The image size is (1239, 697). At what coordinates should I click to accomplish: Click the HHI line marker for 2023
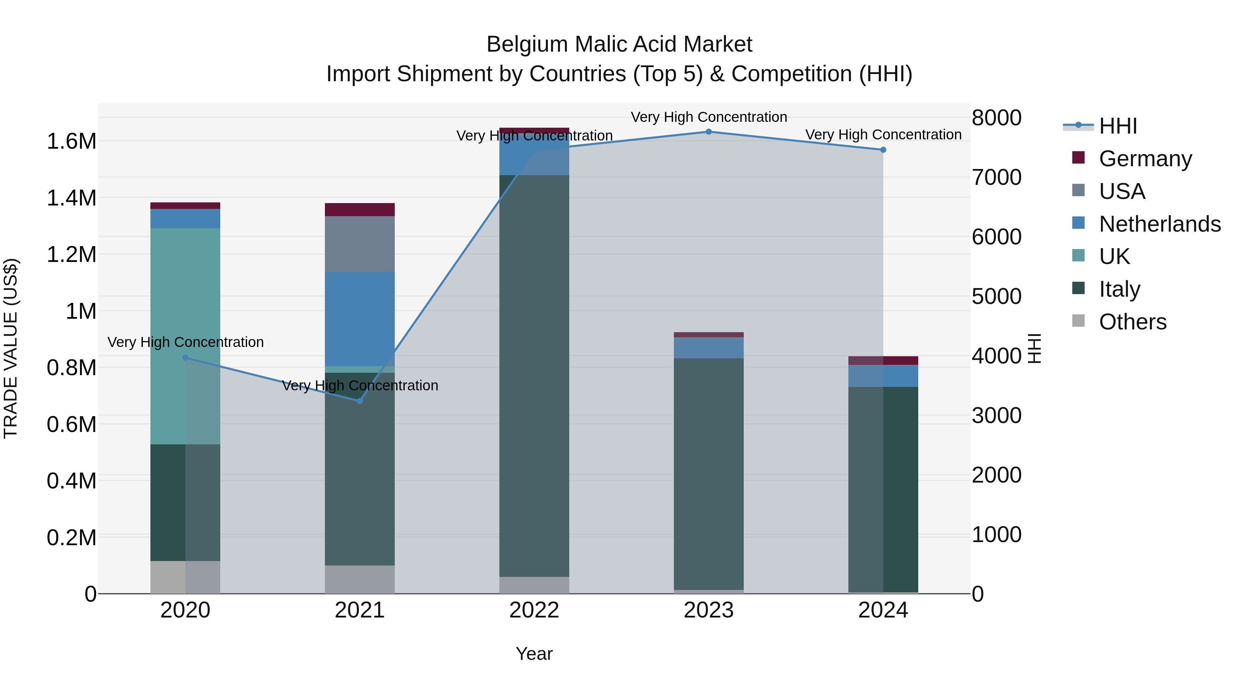click(709, 132)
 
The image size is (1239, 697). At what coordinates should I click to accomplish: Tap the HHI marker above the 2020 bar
click(185, 358)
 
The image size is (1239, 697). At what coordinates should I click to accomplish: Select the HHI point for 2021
click(360, 401)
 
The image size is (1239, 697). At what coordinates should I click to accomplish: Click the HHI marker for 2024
click(883, 150)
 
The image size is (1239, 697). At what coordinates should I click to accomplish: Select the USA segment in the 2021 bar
click(360, 244)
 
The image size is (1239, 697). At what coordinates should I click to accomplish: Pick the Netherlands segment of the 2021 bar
click(360, 319)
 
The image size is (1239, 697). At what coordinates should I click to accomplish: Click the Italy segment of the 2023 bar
click(709, 474)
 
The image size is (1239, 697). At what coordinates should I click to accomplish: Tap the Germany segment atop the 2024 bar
click(883, 361)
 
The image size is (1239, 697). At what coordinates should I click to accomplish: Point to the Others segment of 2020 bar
click(185, 577)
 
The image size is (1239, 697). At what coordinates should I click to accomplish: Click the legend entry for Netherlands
click(1159, 224)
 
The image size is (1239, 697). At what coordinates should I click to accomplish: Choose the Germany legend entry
click(1145, 159)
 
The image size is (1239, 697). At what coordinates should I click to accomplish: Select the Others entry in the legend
click(1133, 322)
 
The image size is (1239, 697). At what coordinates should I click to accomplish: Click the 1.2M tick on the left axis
click(71, 254)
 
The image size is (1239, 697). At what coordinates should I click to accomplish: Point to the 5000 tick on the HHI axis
click(997, 296)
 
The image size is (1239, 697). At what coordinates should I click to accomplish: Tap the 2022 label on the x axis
click(534, 610)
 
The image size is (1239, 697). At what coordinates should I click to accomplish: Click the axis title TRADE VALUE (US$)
click(11, 348)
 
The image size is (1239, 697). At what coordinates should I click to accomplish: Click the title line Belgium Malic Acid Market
click(619, 44)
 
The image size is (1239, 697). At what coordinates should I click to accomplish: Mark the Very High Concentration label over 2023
click(709, 117)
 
